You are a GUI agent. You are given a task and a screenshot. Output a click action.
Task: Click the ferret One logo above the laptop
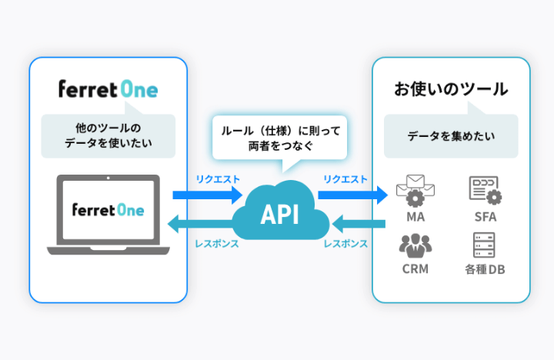coord(108,89)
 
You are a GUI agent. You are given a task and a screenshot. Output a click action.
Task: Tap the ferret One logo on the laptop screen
coord(108,210)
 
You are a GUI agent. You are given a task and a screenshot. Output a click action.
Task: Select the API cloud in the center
coord(279,214)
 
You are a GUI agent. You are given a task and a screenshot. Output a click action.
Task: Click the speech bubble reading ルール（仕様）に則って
coord(280,138)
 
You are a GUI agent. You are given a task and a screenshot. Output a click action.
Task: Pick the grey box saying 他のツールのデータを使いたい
coord(108,135)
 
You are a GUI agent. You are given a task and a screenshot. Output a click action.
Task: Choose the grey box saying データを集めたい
coord(451,136)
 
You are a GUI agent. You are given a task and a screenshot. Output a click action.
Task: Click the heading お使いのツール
coord(451,89)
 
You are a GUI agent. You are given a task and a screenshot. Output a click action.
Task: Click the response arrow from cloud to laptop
coord(206,225)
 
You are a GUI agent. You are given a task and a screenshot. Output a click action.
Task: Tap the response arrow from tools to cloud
coord(357,225)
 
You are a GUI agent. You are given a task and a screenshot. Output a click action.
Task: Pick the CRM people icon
coord(415,245)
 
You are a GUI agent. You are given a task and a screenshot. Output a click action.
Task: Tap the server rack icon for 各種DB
coord(485,245)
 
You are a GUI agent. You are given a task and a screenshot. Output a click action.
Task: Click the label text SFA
coord(485,217)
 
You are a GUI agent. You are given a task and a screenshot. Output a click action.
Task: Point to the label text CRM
coord(415,269)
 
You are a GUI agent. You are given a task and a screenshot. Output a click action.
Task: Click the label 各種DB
coord(485,270)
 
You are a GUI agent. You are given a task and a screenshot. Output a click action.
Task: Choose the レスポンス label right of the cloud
coord(346,243)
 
